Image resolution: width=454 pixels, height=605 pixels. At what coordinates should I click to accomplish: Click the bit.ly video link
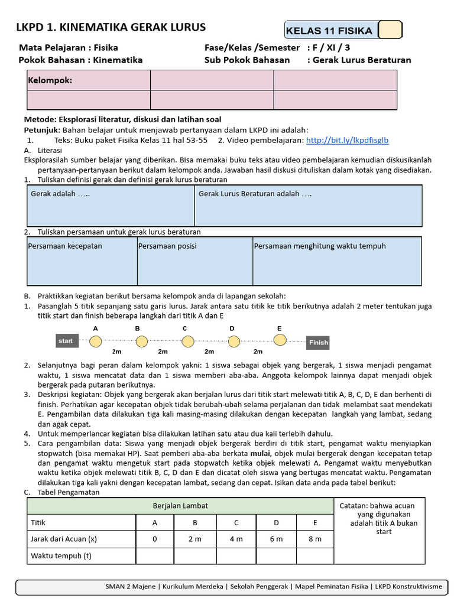click(x=347, y=141)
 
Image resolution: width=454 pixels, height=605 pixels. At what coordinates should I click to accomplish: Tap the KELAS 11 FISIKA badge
click(x=329, y=31)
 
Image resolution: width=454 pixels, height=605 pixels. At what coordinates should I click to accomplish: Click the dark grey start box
click(x=66, y=341)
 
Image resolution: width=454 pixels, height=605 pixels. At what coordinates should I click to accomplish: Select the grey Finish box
click(x=318, y=342)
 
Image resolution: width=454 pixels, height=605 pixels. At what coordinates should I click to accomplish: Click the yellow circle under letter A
click(x=96, y=341)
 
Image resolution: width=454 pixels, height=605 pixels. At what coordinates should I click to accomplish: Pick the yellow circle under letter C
click(x=187, y=341)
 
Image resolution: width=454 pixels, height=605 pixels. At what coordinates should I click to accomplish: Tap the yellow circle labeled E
click(x=280, y=339)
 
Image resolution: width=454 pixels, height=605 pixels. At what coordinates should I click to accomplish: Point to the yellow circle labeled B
click(x=141, y=341)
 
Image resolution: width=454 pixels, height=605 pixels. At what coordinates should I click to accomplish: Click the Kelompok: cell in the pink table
click(x=88, y=80)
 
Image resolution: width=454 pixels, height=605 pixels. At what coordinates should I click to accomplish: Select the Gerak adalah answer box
click(x=111, y=206)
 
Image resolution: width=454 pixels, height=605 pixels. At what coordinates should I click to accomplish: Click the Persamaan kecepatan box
click(x=82, y=261)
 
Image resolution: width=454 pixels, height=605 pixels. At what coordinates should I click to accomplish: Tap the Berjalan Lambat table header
click(x=180, y=506)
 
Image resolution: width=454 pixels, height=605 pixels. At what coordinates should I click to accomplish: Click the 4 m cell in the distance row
click(x=236, y=539)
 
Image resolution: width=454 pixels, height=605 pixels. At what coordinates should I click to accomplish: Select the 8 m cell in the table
click(x=314, y=539)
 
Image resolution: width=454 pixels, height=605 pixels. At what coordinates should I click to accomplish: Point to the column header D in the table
click(x=275, y=522)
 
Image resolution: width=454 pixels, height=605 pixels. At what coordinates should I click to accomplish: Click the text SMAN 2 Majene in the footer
click(x=131, y=586)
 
